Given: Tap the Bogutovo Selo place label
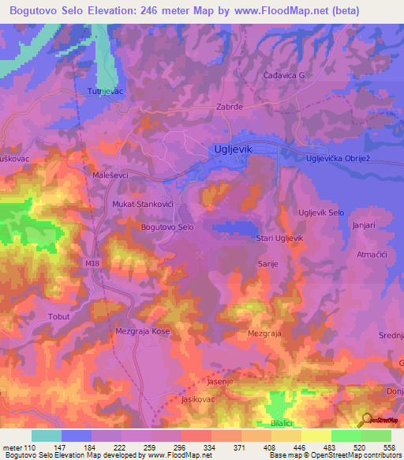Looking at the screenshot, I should pyautogui.click(x=166, y=228).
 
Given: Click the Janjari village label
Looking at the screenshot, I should pyautogui.click(x=365, y=224).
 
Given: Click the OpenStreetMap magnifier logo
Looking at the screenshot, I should pyautogui.click(x=366, y=420).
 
